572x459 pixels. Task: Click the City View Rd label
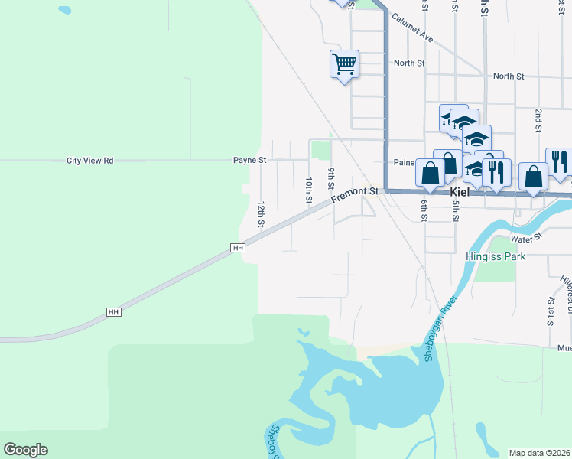click(89, 161)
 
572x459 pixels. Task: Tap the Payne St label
click(249, 161)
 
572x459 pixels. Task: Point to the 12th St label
click(261, 215)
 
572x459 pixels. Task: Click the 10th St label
click(309, 190)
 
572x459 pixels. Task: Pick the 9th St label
click(331, 179)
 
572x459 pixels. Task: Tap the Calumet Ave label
click(412, 28)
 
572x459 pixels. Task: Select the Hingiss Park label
click(495, 257)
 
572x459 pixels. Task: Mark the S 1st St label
click(550, 310)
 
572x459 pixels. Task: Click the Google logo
click(25, 450)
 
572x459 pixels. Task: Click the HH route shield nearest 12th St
click(238, 248)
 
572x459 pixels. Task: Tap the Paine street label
click(402, 161)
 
